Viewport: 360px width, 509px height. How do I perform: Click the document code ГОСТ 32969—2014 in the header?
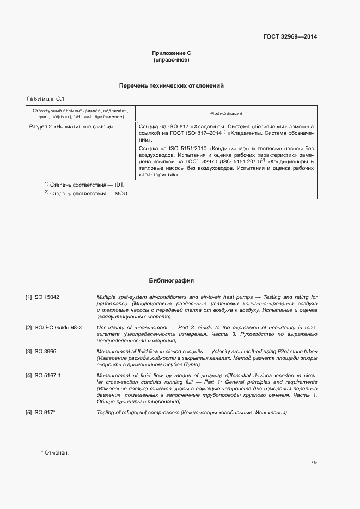pyautogui.click(x=290, y=37)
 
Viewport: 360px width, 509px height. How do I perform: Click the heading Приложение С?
pyautogui.click(x=171, y=53)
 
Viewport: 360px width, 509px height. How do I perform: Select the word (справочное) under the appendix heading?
pyautogui.click(x=171, y=60)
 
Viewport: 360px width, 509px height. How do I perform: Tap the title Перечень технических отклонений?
pyautogui.click(x=171, y=86)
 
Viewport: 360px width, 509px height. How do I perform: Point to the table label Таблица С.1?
pyautogui.click(x=45, y=99)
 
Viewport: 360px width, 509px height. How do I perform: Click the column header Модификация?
pyautogui.click(x=226, y=113)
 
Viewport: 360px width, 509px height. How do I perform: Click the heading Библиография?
pyautogui.click(x=171, y=281)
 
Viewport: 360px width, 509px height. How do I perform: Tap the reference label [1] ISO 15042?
pyautogui.click(x=42, y=297)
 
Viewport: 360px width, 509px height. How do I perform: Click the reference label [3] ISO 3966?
pyautogui.click(x=41, y=352)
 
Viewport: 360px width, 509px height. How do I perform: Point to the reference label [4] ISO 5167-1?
pyautogui.click(x=43, y=376)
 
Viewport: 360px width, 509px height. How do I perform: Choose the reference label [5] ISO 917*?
pyautogui.click(x=41, y=413)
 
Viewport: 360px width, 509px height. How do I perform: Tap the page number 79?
pyautogui.click(x=314, y=463)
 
